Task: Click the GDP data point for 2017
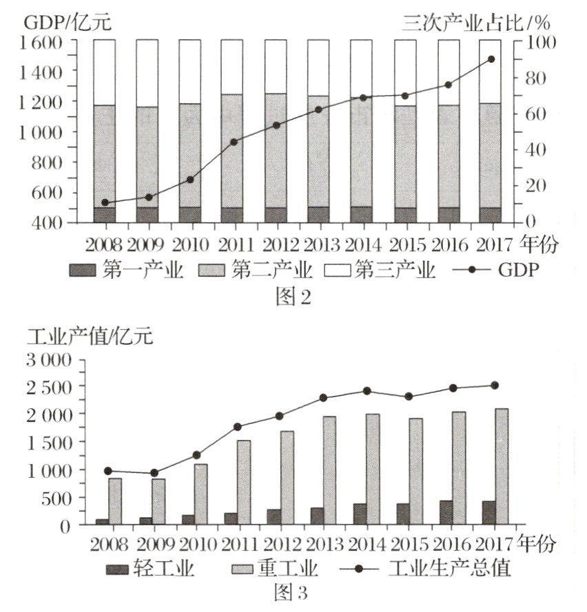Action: (491, 59)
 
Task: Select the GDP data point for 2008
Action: (105, 202)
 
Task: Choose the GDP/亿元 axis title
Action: (68, 22)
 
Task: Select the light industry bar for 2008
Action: (102, 522)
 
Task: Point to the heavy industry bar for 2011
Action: (244, 483)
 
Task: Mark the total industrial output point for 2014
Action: (367, 391)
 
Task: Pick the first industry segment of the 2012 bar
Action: (276, 215)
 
